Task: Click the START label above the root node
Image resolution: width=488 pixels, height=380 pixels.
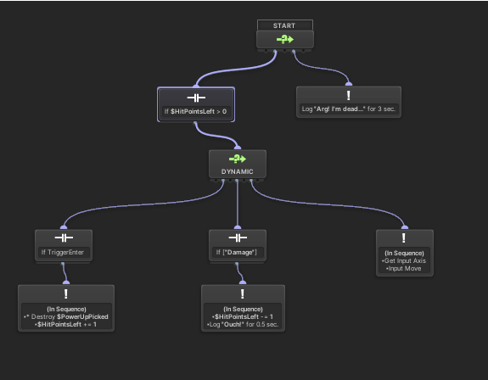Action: coord(285,25)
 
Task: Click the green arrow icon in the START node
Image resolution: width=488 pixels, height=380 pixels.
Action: coord(285,39)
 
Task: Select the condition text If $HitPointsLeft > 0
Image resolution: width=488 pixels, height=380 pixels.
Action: coord(196,112)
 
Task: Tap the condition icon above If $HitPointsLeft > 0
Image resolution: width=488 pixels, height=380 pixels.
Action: coord(196,98)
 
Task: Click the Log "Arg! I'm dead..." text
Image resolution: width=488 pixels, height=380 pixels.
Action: coord(348,109)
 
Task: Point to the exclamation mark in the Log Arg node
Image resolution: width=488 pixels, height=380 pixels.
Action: coord(349,95)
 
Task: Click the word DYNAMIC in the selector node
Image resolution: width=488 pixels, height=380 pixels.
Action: coord(238,172)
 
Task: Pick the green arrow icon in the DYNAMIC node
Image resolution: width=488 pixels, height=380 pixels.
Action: coord(238,159)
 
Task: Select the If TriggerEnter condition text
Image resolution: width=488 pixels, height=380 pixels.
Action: coord(65,253)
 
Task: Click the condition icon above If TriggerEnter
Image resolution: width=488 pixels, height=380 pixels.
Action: coord(65,238)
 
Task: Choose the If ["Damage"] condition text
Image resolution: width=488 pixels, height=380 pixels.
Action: coord(238,253)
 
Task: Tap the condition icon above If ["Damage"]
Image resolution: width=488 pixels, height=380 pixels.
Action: coord(238,238)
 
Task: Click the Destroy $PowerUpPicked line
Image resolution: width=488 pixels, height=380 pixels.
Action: coord(66,316)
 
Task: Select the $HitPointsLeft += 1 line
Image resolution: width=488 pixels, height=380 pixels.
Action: coord(65,324)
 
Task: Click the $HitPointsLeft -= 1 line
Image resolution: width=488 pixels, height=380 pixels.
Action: coord(242,316)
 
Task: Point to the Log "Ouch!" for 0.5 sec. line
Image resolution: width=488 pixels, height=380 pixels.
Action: coord(242,324)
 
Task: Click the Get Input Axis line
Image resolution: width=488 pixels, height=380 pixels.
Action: coord(405,261)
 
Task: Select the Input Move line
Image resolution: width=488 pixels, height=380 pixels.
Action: coord(404,269)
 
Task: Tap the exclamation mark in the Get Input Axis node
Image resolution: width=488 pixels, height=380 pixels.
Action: coord(405,238)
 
